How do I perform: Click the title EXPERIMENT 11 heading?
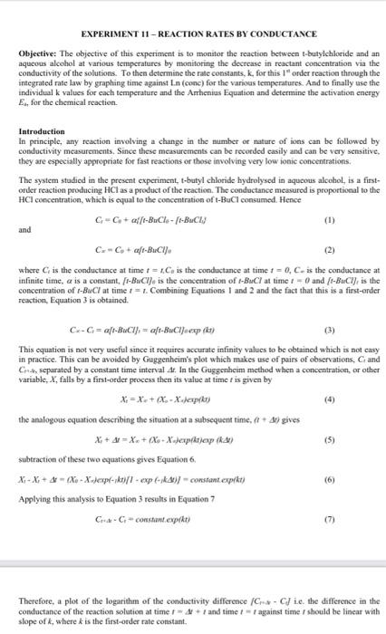[x=192, y=34]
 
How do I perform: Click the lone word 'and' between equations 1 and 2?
[x=25, y=230]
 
